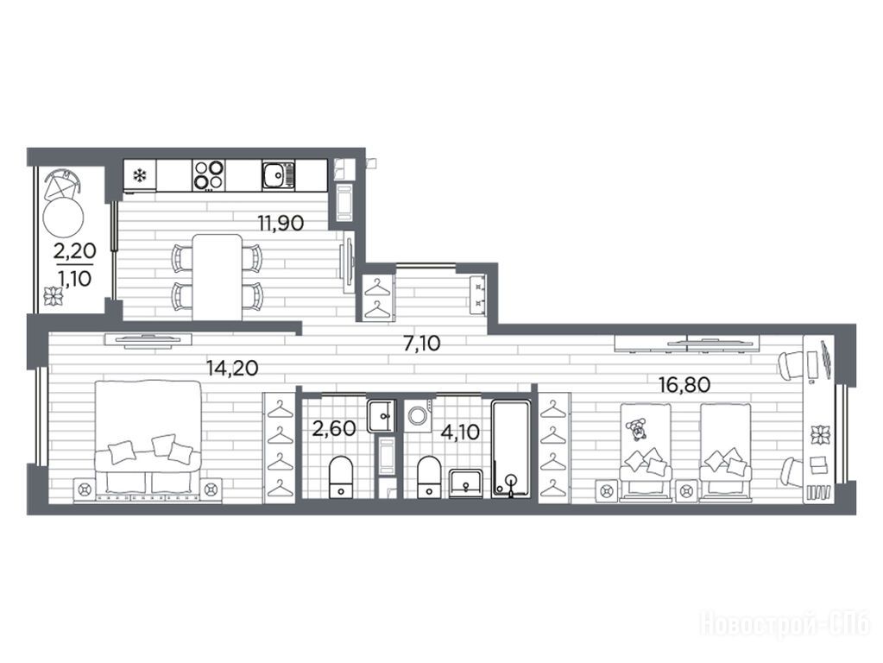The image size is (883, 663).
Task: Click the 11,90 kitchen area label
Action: (x=281, y=223)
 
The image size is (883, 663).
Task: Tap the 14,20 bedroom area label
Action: (x=232, y=368)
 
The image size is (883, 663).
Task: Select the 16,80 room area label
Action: (x=684, y=385)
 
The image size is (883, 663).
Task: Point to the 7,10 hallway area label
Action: (x=422, y=343)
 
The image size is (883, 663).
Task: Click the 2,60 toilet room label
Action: (x=335, y=429)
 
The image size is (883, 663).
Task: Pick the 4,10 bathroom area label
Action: (x=460, y=432)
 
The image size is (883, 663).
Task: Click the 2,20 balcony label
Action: (x=74, y=250)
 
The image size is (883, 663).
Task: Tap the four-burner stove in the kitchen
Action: (x=208, y=174)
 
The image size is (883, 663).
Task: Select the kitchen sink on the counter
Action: (x=278, y=174)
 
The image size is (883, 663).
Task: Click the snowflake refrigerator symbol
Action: (x=138, y=176)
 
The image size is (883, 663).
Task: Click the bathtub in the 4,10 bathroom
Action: (x=510, y=449)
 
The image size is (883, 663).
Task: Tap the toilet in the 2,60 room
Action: (x=340, y=477)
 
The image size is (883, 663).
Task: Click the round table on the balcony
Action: (x=64, y=218)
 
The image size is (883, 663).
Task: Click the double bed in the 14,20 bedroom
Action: (x=148, y=440)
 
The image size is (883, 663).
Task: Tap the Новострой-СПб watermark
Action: (x=785, y=625)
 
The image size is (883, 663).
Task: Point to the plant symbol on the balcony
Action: (x=55, y=296)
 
